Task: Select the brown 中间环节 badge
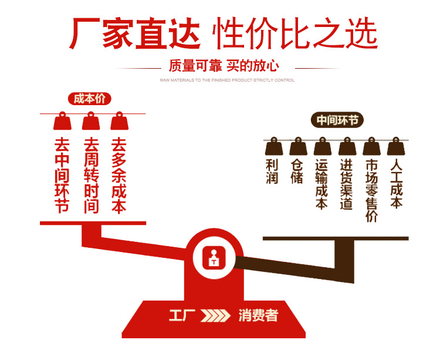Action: (337, 120)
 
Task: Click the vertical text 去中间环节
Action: (62, 175)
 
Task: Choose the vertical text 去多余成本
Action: (119, 175)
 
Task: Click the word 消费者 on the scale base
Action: (258, 316)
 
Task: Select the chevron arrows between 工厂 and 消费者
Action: (215, 316)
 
